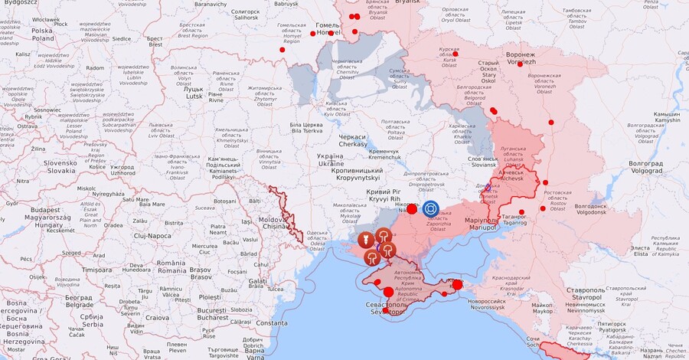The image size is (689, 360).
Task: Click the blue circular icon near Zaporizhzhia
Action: click(431, 208)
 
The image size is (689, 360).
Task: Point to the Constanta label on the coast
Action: click(271, 322)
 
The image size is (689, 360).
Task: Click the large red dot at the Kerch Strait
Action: click(457, 285)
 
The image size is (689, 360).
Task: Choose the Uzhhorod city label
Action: click(122, 170)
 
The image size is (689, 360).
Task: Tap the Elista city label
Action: click(639, 248)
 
